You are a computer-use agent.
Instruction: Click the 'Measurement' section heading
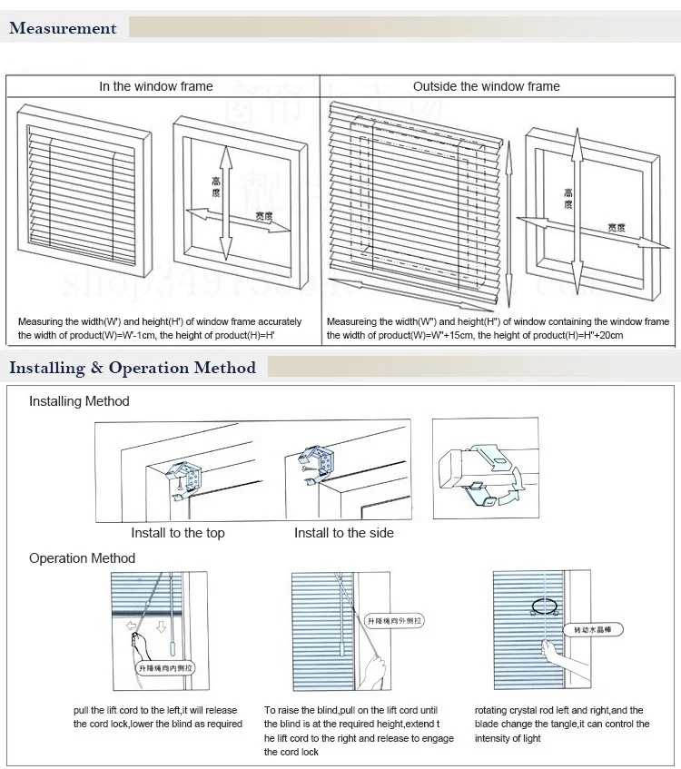63,28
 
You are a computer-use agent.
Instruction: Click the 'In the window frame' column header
156,86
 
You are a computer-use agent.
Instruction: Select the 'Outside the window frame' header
486,86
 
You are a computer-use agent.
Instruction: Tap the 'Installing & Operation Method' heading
133,368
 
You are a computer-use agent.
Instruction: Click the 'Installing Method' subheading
79,401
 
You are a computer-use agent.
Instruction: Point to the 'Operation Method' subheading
82,558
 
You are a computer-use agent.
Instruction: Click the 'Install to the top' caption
178,533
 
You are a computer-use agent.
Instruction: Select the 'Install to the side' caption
344,533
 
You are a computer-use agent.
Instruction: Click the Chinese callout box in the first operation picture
167,669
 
